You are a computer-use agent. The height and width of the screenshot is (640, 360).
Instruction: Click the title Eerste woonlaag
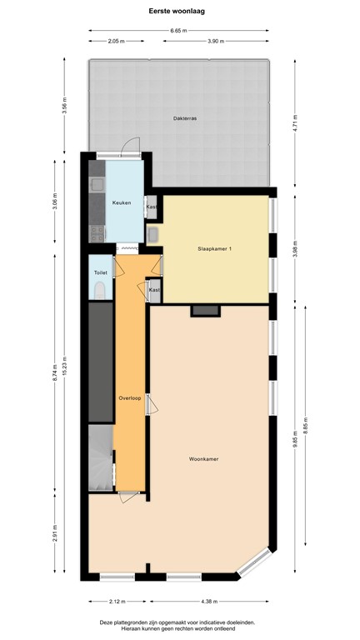[x=179, y=10]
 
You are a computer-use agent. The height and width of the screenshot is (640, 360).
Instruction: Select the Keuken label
[x=122, y=202]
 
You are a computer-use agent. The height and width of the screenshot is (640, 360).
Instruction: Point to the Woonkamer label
[x=204, y=458]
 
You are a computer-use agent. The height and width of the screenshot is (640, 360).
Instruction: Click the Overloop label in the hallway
[x=128, y=397]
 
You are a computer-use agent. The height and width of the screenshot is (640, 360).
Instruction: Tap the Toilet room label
[x=100, y=272]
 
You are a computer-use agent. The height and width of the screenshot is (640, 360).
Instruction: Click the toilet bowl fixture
[x=99, y=290]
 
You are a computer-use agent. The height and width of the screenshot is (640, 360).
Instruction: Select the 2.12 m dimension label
[x=117, y=602]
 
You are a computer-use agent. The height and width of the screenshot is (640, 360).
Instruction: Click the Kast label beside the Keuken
[x=152, y=207]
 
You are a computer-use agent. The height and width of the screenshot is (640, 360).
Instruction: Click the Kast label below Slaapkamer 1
[x=154, y=290]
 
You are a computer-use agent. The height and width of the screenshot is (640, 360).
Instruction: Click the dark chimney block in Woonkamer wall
[x=205, y=310]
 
